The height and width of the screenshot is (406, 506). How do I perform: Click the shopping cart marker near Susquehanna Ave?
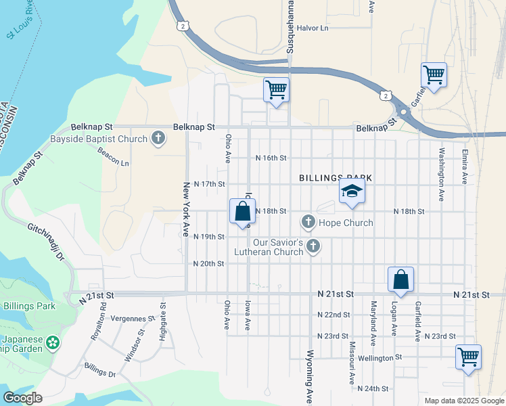276,89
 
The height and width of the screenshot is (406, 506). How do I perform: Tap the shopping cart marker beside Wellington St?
469,357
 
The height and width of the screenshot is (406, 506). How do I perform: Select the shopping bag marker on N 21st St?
400,279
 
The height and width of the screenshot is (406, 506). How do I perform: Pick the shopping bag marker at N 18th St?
242,211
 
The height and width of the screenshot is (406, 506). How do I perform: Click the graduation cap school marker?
352,191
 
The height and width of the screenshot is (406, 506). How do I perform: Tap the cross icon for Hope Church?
308,222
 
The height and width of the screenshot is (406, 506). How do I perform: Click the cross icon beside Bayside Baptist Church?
158,139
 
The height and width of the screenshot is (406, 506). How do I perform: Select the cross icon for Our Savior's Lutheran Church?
313,246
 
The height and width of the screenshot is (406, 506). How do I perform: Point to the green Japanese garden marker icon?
53,344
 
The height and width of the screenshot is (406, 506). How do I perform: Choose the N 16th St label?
271,158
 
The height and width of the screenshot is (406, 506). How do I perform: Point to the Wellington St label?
380,357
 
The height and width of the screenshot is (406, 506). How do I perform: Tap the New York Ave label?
185,209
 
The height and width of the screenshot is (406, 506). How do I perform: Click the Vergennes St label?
133,318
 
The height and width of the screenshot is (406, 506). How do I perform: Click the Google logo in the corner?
23,398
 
